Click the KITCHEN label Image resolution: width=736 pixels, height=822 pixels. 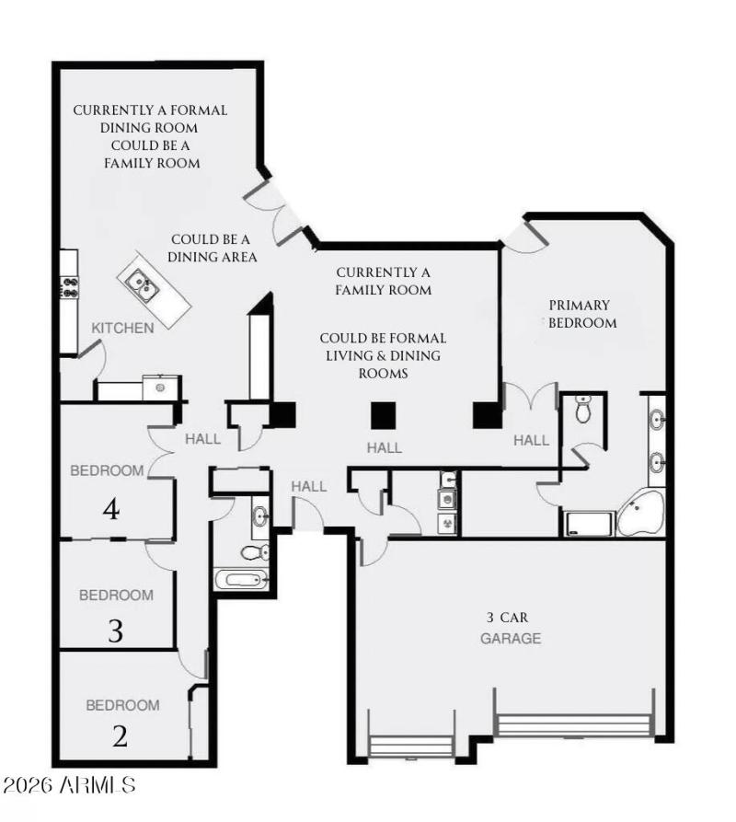click(122, 328)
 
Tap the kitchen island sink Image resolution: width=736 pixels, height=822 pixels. click(141, 284)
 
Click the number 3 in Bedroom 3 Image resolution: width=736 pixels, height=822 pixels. click(115, 631)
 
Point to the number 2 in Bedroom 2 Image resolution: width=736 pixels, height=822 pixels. click(121, 736)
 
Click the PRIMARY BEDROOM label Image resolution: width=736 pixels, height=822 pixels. click(581, 314)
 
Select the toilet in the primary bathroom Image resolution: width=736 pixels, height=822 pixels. click(582, 411)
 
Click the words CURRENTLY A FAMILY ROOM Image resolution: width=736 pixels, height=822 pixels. click(384, 282)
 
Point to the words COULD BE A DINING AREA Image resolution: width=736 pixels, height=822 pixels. click(212, 249)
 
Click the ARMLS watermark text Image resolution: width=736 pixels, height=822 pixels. click(69, 785)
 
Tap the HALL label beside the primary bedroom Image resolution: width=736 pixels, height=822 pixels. click(531, 440)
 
